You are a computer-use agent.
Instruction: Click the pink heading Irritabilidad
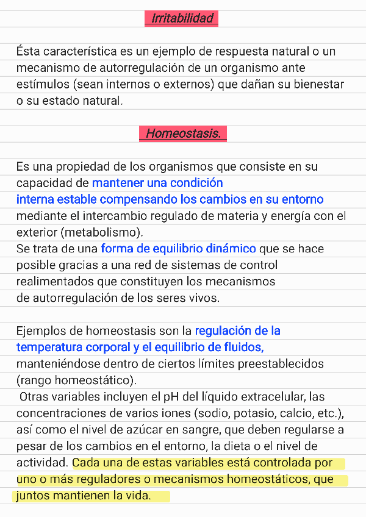click(x=182, y=18)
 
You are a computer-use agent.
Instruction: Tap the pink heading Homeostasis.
click(x=183, y=133)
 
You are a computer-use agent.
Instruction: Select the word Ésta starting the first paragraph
click(x=28, y=51)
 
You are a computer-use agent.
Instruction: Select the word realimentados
click(x=53, y=282)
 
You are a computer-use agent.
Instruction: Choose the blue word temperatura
click(x=49, y=348)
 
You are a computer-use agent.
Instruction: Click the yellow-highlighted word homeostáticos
click(x=271, y=479)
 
